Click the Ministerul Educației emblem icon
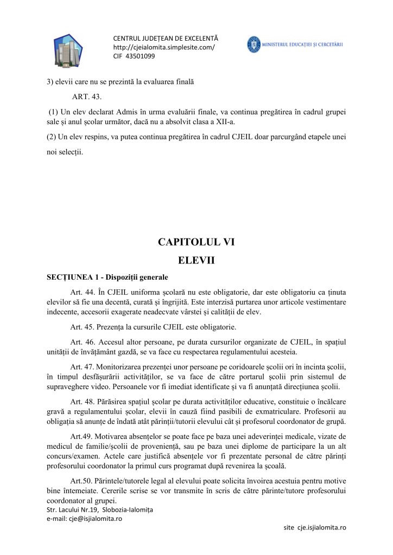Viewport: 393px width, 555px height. pyautogui.click(x=253, y=44)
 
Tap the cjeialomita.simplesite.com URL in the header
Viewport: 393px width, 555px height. pyautogui.click(x=163, y=47)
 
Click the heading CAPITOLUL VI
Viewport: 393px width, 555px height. pyautogui.click(x=196, y=242)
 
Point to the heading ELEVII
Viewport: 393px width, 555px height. pyautogui.click(x=196, y=260)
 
